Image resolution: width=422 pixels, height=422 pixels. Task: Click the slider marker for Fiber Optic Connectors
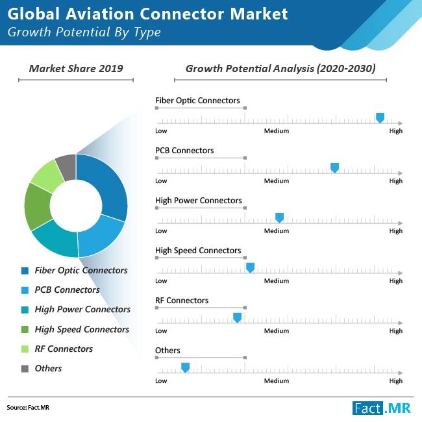(x=380, y=118)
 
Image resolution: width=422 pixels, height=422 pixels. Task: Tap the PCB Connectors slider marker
(x=335, y=168)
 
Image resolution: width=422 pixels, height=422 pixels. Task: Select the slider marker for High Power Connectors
(x=280, y=217)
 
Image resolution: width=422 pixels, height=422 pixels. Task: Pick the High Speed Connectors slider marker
(x=250, y=267)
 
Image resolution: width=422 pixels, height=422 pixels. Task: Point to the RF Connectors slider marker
(x=237, y=317)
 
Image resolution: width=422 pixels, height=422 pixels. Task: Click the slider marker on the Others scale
(x=185, y=367)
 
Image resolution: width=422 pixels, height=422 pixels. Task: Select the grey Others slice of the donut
(x=66, y=167)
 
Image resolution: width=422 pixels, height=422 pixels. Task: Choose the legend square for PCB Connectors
(x=25, y=290)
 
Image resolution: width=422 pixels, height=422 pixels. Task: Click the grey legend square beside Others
(x=25, y=369)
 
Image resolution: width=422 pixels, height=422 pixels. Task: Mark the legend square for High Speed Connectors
(x=25, y=330)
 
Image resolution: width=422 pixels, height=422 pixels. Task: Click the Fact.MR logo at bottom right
(x=382, y=408)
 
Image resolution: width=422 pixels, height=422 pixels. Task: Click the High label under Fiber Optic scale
(x=395, y=131)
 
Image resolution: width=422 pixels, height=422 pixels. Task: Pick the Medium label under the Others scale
(x=276, y=381)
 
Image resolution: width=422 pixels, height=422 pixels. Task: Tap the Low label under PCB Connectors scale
(x=161, y=181)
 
